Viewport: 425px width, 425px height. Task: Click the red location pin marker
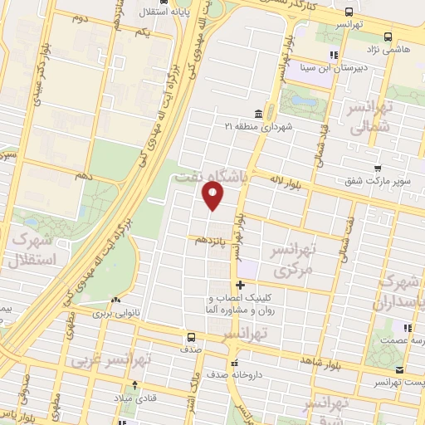click(213, 197)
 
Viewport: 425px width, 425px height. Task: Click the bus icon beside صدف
click(192, 337)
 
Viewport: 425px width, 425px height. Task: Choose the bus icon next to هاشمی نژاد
click(388, 37)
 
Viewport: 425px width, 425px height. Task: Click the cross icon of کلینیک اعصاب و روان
click(239, 286)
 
